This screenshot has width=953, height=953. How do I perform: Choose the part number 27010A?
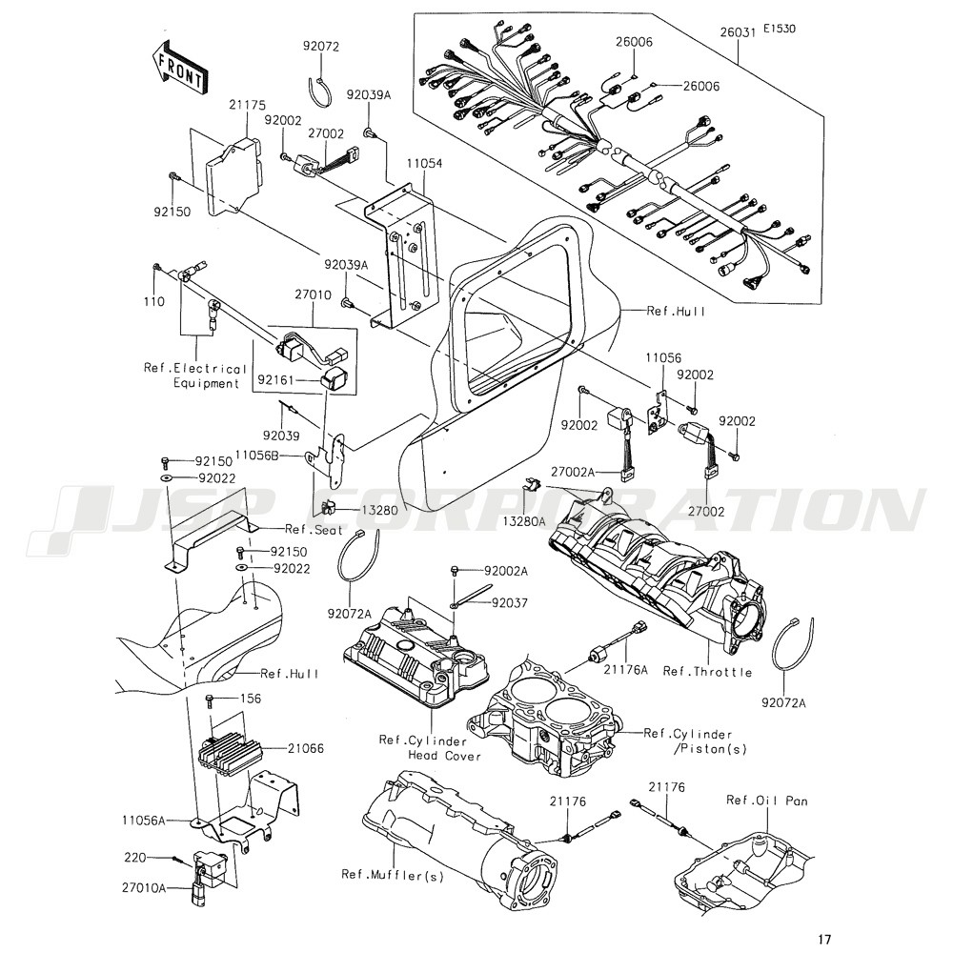point(144,887)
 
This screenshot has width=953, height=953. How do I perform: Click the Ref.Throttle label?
point(707,672)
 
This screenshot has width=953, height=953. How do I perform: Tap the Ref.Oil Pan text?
point(766,801)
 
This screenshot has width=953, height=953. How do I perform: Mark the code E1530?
point(779,29)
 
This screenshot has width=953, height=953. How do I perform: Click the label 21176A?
point(628,671)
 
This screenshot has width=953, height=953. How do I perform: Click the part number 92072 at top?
point(321,46)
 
